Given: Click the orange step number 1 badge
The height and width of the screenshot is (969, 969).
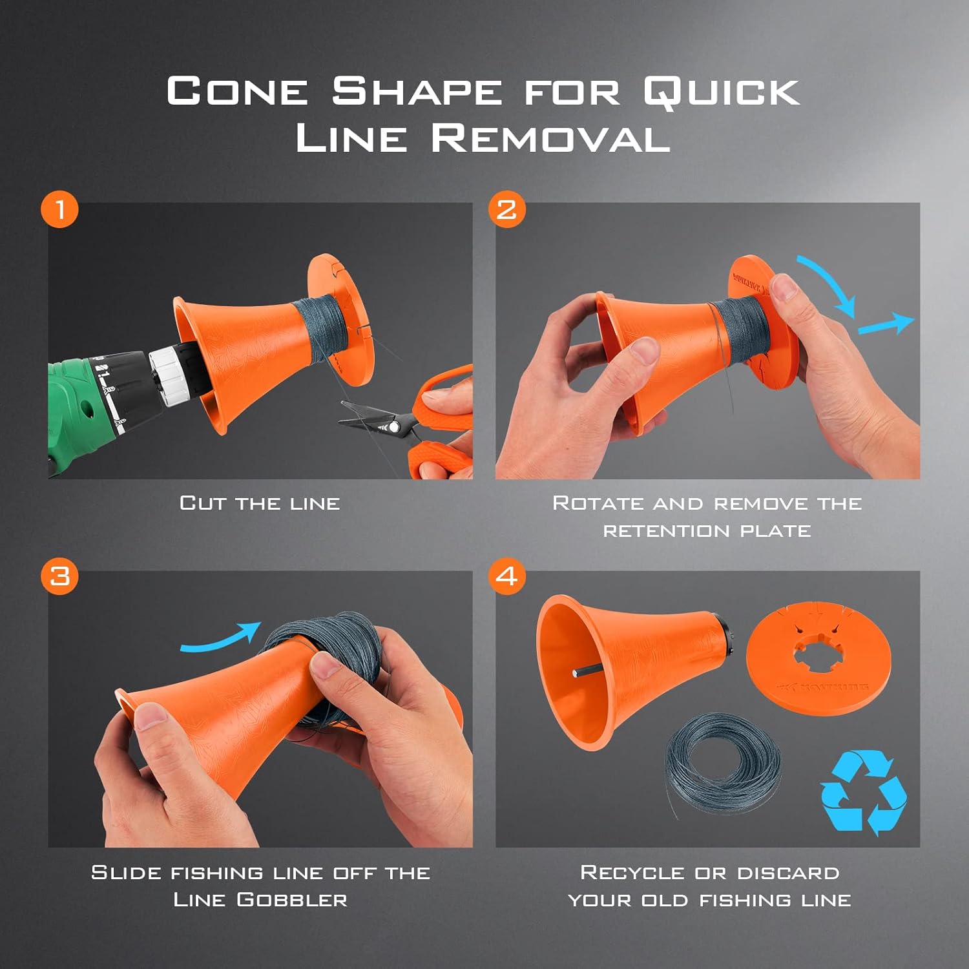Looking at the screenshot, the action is tap(59, 209).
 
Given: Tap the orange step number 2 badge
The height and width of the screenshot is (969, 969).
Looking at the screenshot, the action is tap(507, 209).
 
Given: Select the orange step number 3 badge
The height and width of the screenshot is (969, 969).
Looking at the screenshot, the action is tap(59, 576).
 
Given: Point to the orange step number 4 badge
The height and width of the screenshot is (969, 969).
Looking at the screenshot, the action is tap(507, 576).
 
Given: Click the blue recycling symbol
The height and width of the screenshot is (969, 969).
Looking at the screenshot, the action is tap(863, 791).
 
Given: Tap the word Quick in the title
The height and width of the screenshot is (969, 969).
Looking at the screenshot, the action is tap(722, 92).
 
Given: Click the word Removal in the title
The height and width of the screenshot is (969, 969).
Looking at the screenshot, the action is tap(550, 138).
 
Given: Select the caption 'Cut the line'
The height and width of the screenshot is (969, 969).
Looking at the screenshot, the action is tap(260, 503).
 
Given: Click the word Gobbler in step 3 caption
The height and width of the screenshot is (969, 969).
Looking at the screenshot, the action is tap(292, 899).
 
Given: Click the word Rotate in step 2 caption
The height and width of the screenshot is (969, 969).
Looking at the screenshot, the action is tap(598, 503).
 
